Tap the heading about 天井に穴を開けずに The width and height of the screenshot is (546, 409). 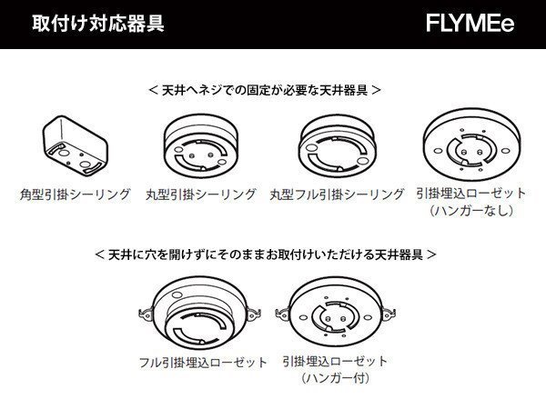pos(265,255)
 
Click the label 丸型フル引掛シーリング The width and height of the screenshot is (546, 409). pos(337,195)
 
